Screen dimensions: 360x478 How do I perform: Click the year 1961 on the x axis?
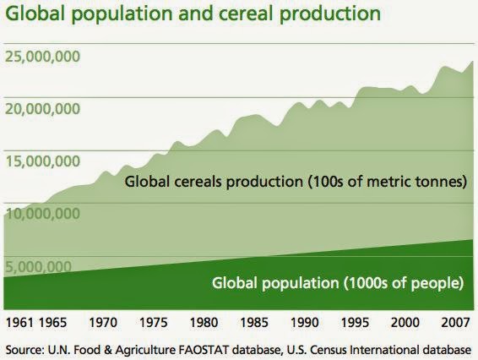19,323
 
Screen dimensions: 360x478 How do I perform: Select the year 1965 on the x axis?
53,323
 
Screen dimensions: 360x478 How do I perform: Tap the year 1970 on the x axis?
103,323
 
